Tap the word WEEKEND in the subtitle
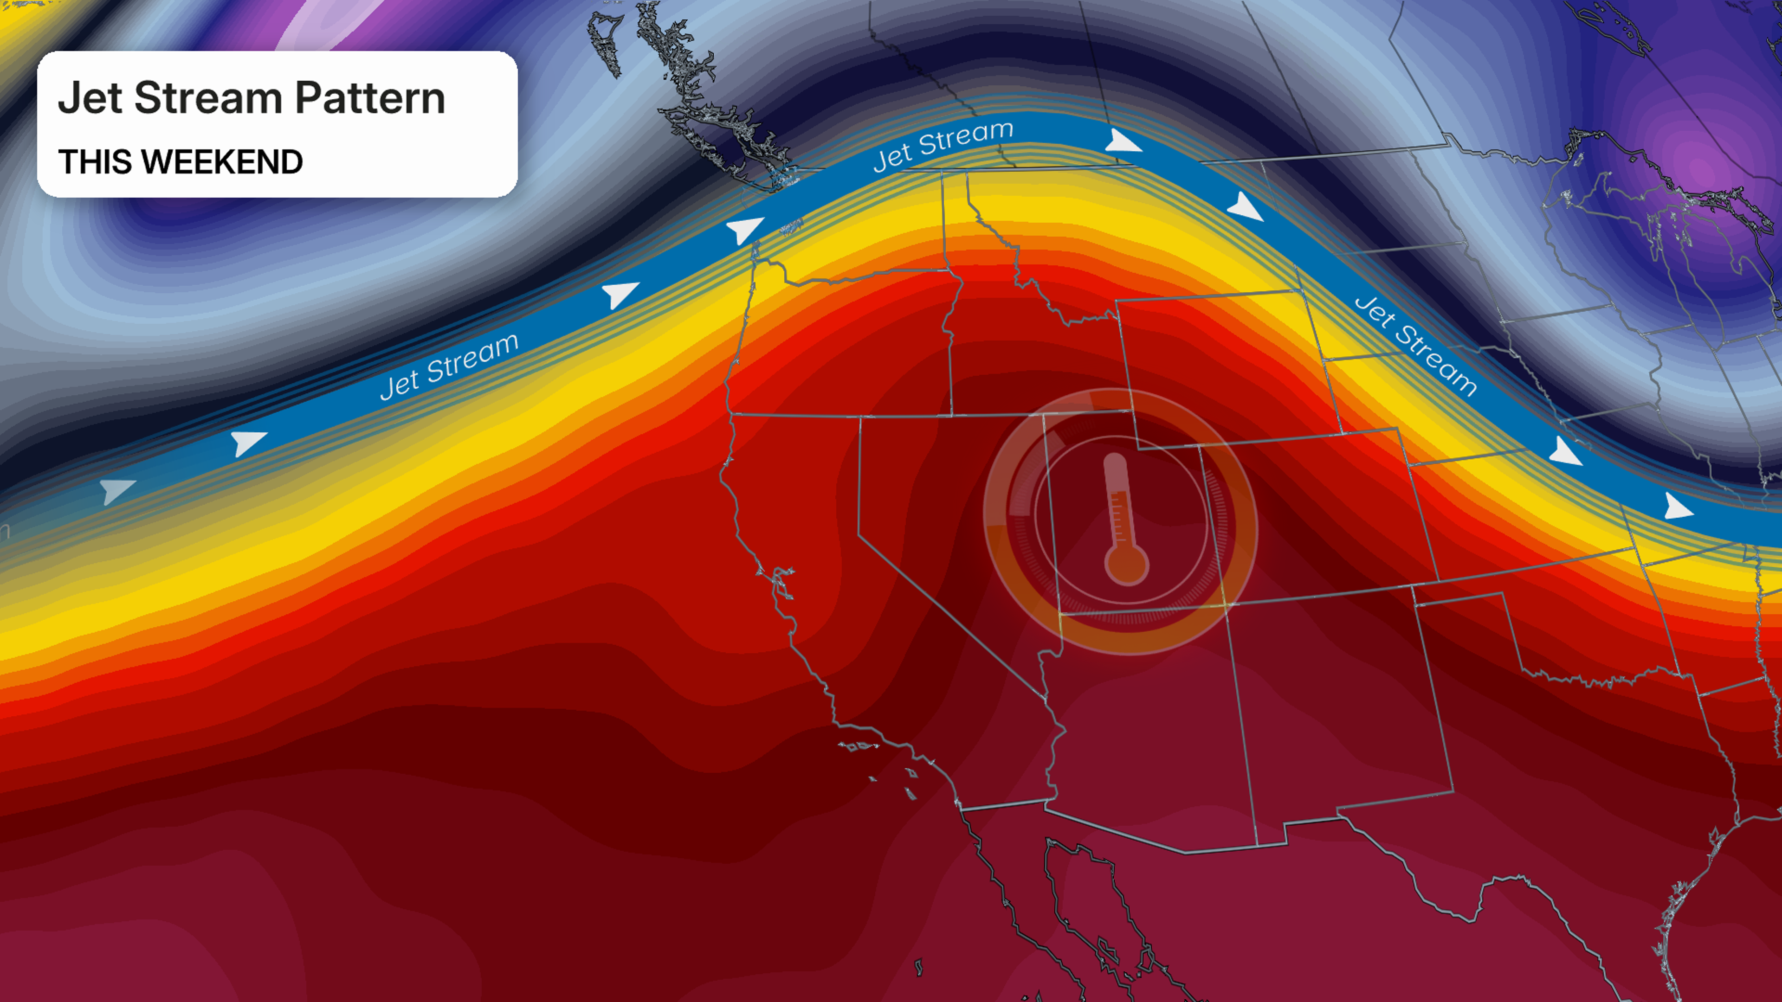223,162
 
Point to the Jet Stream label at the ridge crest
943,146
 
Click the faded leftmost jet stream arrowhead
116,490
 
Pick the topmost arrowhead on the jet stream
1121,142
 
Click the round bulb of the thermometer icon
1126,564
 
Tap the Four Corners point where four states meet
1227,604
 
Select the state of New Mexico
1342,712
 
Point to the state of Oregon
844,339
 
